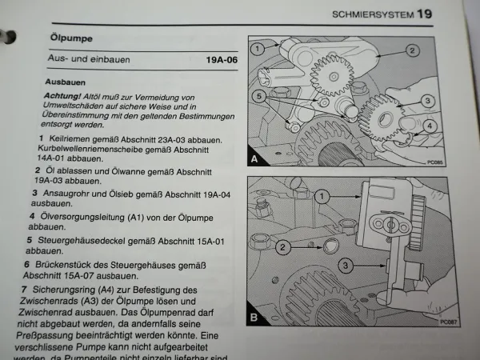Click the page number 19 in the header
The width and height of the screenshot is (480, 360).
424,14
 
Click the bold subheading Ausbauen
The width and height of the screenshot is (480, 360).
66,82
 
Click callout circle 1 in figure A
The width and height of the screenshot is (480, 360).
258,48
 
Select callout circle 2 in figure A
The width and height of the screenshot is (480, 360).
412,50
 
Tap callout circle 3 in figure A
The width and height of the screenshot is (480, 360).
428,101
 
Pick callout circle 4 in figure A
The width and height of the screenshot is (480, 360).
429,126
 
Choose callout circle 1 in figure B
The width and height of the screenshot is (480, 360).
321,196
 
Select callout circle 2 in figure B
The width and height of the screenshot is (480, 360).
282,247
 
